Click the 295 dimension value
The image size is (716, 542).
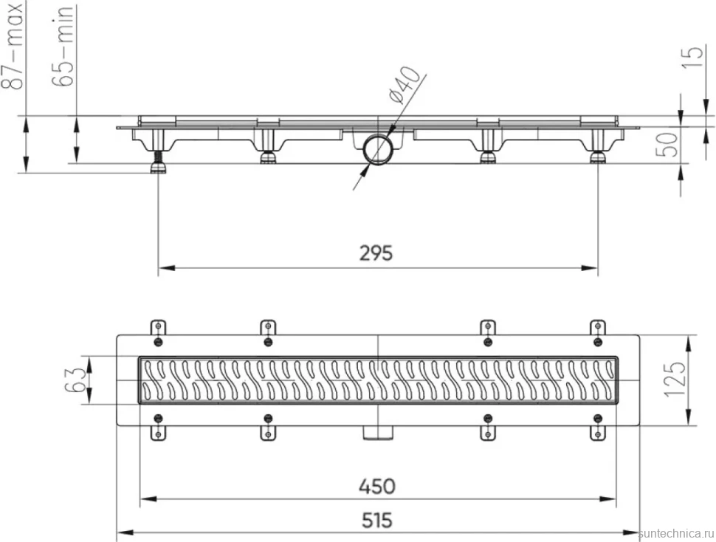point(376,253)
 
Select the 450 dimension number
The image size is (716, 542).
point(376,487)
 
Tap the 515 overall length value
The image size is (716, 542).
point(377,520)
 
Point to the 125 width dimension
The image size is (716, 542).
point(677,379)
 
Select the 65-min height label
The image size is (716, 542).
point(62,46)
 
